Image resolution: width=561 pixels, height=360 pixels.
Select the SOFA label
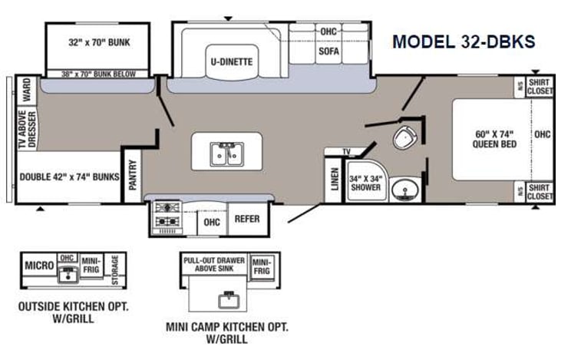[328, 51]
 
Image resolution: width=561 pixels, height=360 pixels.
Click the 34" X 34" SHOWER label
[365, 182]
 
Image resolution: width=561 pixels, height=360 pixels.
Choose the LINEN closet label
[333, 180]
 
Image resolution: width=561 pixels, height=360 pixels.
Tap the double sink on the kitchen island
[226, 154]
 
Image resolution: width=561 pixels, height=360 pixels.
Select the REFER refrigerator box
[247, 219]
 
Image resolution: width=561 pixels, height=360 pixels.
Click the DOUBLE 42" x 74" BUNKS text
[69, 176]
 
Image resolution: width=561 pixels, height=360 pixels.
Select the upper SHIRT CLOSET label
[540, 87]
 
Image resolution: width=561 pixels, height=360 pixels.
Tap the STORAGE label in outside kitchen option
[115, 269]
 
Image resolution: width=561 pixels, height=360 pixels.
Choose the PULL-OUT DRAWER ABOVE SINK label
[214, 265]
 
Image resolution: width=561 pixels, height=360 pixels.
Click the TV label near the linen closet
[346, 151]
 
